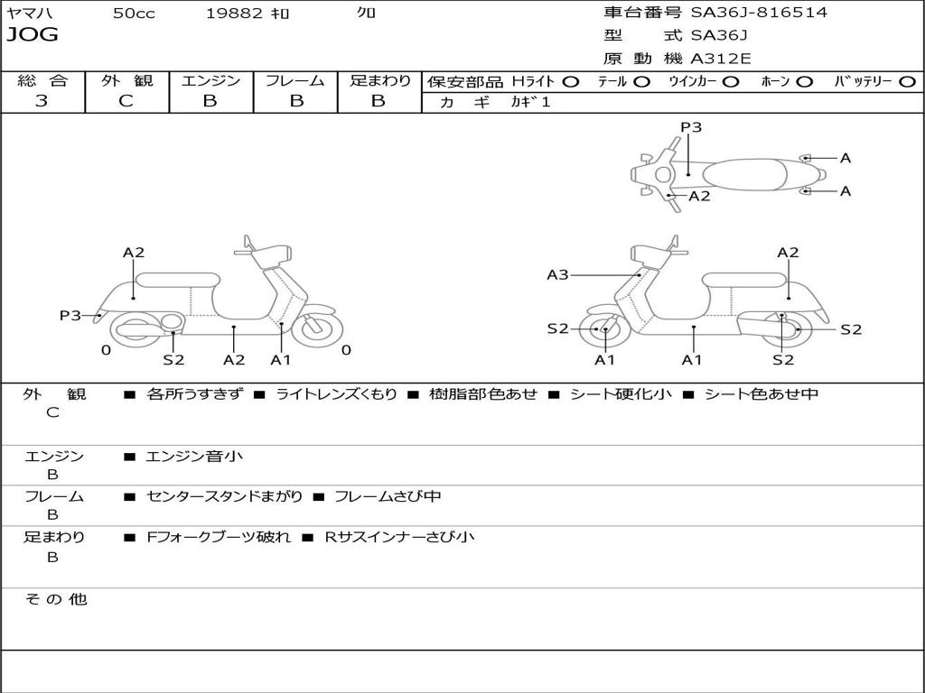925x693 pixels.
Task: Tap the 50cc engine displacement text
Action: [134, 13]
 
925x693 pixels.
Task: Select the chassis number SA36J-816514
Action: [759, 13]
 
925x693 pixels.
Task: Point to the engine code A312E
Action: [720, 59]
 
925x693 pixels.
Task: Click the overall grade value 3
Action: [42, 101]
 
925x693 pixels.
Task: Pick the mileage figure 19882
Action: [234, 13]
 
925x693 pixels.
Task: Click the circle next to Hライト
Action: [570, 81]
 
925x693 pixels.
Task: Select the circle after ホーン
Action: [804, 81]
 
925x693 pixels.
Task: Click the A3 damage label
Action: [557, 274]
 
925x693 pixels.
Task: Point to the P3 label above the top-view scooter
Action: [691, 127]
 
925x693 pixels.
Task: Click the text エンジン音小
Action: [194, 457]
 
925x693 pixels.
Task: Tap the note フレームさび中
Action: [388, 496]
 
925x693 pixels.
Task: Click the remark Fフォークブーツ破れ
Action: [219, 537]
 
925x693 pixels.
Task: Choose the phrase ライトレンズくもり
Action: [336, 393]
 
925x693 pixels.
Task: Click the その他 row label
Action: [55, 599]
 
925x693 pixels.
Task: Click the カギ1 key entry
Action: [530, 102]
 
